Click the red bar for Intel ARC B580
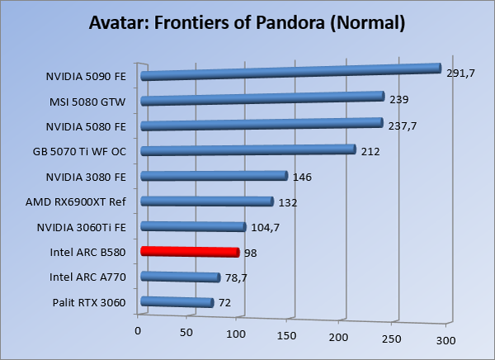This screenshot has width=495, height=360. click(x=190, y=252)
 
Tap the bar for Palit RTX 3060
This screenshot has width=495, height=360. click(x=177, y=303)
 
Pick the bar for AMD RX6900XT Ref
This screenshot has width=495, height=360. click(x=207, y=201)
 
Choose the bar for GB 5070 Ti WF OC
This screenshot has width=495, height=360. click(x=248, y=150)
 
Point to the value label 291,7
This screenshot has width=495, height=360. click(x=460, y=73)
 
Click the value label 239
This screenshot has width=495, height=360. click(x=398, y=100)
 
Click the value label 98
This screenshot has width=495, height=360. click(x=251, y=252)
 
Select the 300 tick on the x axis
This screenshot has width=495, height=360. click(x=445, y=340)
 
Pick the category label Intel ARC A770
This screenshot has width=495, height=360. click(x=88, y=277)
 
